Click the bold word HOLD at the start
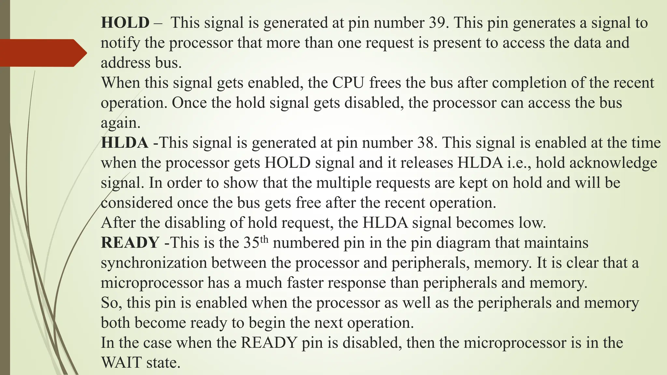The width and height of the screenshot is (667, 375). [125, 23]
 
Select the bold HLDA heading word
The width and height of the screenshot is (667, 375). [125, 143]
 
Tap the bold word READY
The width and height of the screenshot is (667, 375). [130, 243]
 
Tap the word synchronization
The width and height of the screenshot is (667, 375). [154, 263]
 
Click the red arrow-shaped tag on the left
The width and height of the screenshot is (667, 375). [42, 53]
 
